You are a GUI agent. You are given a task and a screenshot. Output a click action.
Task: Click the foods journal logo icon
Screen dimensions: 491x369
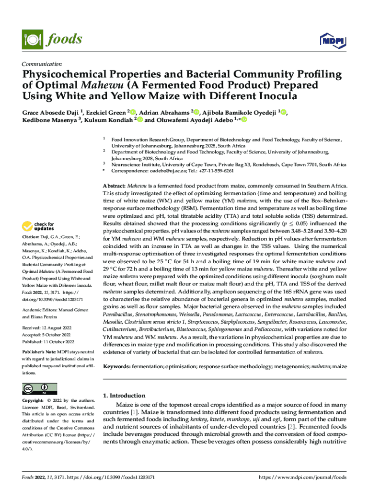point(30,39)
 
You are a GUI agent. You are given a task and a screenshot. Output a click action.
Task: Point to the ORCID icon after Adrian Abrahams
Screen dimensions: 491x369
point(196,112)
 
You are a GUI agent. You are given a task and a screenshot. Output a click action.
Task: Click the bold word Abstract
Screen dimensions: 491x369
point(115,185)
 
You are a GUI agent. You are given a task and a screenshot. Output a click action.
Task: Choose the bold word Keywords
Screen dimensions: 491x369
point(116,366)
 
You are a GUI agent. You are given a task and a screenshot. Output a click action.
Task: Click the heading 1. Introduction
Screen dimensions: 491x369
point(124,396)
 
